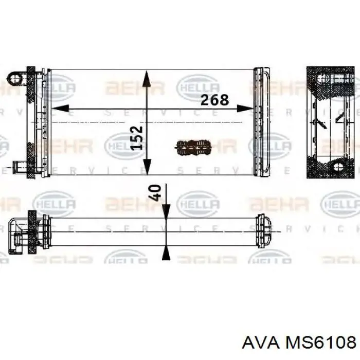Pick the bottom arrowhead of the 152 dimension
pyautogui.click(x=147, y=168)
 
